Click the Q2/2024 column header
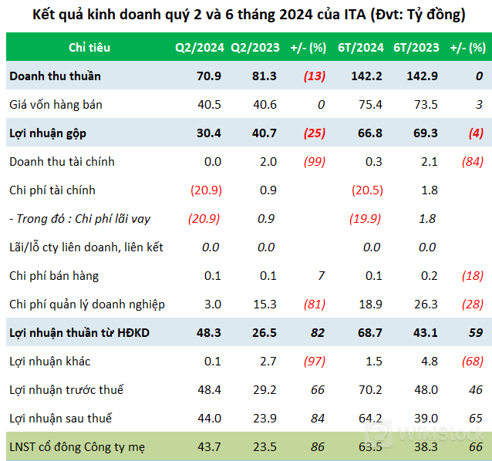click(x=200, y=48)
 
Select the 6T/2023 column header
click(x=416, y=48)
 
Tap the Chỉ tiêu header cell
click(x=89, y=48)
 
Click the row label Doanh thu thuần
click(x=55, y=76)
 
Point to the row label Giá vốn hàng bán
click(x=56, y=105)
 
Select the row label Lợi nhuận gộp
click(x=48, y=133)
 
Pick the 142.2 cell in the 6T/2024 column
click(x=367, y=76)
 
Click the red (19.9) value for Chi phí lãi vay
click(x=366, y=219)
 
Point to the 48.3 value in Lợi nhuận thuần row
click(x=209, y=333)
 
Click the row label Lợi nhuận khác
click(x=47, y=362)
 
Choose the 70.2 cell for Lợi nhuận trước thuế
click(x=371, y=390)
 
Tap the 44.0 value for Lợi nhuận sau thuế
click(x=209, y=419)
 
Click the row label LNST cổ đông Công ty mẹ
click(x=76, y=447)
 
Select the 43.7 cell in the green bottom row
click(x=209, y=447)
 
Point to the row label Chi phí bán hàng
click(x=54, y=276)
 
